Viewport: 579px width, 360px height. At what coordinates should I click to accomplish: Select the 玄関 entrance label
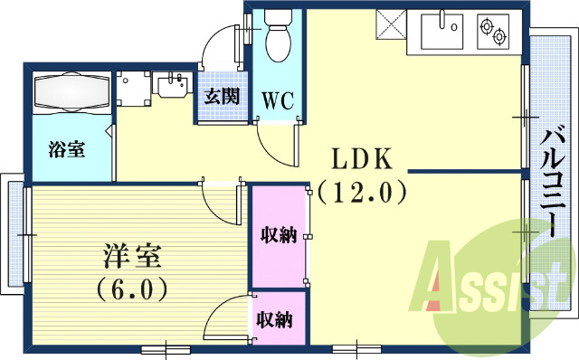tap(221, 96)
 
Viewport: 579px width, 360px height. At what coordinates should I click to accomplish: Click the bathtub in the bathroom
tap(71, 92)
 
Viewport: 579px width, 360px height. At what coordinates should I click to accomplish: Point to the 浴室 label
tap(66, 148)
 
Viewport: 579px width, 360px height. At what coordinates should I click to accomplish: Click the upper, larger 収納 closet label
tap(279, 236)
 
